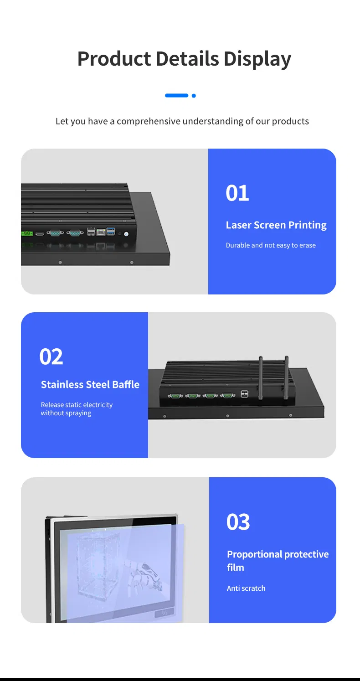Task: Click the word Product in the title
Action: coord(114,59)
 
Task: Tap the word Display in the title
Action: coord(257,59)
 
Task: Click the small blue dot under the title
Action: coord(194,96)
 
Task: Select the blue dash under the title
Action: coord(176,96)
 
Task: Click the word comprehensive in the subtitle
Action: coord(148,121)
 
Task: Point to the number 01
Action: coord(237,193)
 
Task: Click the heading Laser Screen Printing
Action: coord(276,225)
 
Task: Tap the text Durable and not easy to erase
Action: coord(271,245)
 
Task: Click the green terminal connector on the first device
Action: coord(26,233)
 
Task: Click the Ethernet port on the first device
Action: coord(101,232)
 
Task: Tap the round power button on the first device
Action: coord(126,234)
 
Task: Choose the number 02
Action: coord(51,357)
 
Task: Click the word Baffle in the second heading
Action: coord(126,385)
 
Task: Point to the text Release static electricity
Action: coord(77,405)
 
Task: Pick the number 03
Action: coord(238,522)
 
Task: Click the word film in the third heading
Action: coord(236,567)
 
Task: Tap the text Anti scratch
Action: coord(246,588)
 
